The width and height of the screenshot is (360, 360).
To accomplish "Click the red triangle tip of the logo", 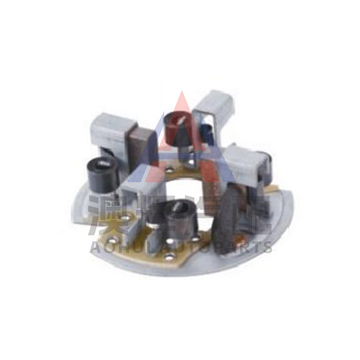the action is point(182,91).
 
